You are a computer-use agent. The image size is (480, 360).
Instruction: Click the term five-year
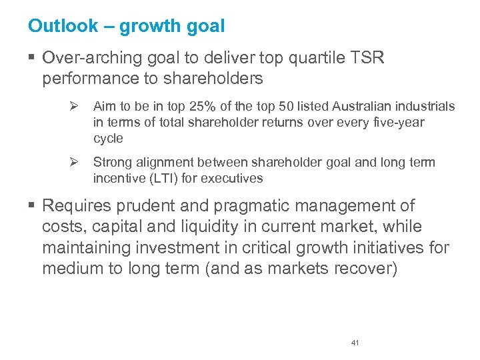click(399, 123)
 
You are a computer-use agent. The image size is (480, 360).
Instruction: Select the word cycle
click(108, 139)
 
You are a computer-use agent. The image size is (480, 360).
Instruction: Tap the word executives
click(236, 179)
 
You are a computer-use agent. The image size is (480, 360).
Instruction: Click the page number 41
click(355, 343)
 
